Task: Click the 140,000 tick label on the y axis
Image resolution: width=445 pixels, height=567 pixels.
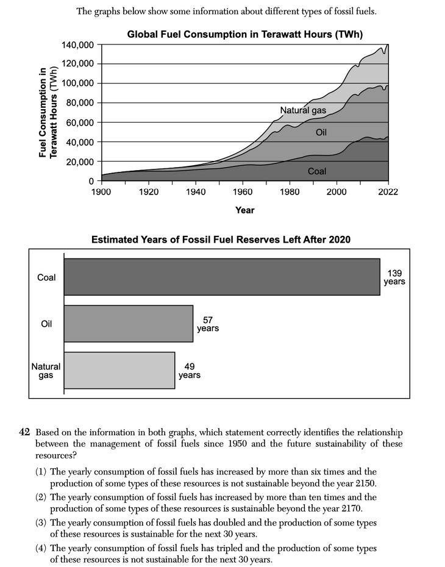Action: [78, 45]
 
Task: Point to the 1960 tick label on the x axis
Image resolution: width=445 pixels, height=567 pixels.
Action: [243, 191]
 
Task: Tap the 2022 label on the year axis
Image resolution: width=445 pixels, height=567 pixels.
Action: [388, 191]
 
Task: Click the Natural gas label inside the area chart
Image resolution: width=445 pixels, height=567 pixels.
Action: [303, 110]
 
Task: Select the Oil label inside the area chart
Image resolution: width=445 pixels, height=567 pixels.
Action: [322, 132]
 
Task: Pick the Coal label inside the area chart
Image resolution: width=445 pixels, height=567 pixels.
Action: [317, 171]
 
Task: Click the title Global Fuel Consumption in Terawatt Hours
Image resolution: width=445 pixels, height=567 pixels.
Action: [244, 35]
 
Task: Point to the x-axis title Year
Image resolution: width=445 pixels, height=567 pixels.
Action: [244, 210]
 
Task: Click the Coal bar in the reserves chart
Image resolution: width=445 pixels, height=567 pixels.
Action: [222, 277]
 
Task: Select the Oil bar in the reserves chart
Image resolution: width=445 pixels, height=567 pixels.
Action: [129, 324]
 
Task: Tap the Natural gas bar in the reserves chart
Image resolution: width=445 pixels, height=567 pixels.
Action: [119, 371]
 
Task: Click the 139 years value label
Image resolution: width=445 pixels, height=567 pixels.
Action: [394, 277]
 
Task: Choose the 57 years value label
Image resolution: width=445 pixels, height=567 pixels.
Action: [207, 324]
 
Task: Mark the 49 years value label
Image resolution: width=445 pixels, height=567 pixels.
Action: [189, 371]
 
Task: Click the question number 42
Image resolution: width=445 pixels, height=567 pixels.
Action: [25, 432]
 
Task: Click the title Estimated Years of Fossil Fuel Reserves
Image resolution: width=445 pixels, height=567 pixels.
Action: [221, 240]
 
